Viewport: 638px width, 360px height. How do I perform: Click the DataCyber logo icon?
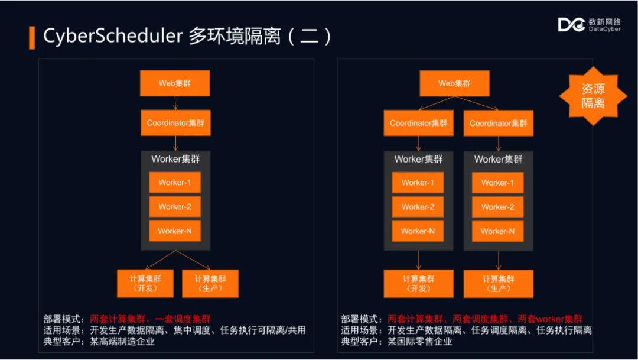point(572,24)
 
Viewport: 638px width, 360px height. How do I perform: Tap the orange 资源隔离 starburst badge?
point(593,96)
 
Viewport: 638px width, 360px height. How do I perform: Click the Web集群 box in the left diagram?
point(175,83)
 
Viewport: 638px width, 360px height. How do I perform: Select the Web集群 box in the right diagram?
point(454,83)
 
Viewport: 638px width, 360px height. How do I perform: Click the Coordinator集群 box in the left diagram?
point(175,123)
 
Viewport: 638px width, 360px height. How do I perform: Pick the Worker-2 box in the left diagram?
point(175,207)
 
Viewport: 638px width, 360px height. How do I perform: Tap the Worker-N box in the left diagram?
point(175,231)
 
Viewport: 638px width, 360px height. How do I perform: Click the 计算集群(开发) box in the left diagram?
point(145,283)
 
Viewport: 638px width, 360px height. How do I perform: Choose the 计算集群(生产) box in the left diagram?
point(210,283)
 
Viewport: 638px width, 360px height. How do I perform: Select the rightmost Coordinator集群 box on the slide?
point(498,123)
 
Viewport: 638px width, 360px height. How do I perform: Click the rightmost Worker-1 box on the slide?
point(497,183)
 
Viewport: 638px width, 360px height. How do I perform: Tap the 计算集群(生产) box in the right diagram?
point(498,283)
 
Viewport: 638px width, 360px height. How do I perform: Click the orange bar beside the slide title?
point(32,37)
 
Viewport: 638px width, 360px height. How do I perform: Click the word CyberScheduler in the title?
point(113,36)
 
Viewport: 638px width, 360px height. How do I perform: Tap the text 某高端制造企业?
point(123,342)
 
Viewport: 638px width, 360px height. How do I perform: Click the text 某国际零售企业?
point(420,342)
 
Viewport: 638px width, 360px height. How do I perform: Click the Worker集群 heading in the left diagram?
point(175,158)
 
